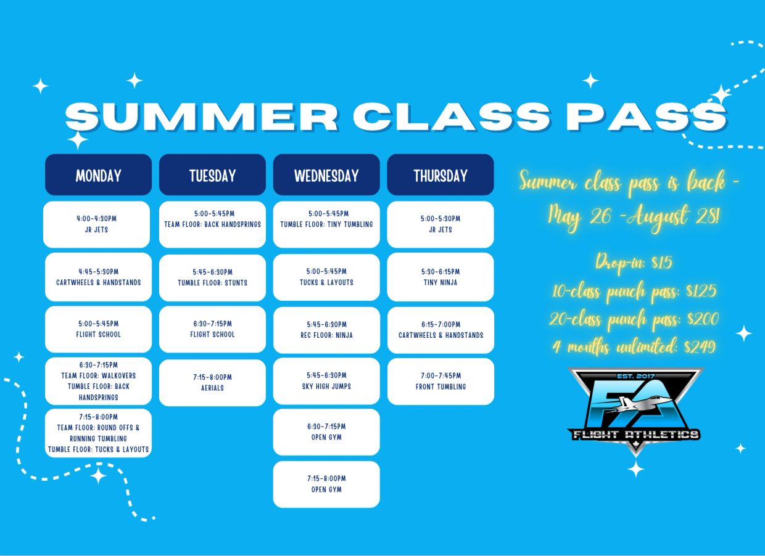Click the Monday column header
pos(98,174)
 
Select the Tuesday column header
pos(212,174)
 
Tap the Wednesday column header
pos(326,174)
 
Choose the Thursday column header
pos(440,174)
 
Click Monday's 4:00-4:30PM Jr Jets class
pos(97,224)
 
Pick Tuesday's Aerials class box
pos(212,383)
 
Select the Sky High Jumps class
pos(326,381)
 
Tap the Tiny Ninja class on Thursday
pos(440,277)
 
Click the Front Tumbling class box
pos(441,381)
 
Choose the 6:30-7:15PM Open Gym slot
pos(326,432)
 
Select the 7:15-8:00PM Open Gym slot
pos(326,484)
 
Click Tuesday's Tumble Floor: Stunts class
pos(212,278)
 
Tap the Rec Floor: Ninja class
pos(327,330)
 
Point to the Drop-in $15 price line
pos(634,263)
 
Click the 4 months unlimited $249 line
pos(634,347)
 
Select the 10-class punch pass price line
pos(634,291)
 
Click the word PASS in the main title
pos(647,117)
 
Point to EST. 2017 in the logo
pos(636,376)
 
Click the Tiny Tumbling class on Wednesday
pos(326,224)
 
